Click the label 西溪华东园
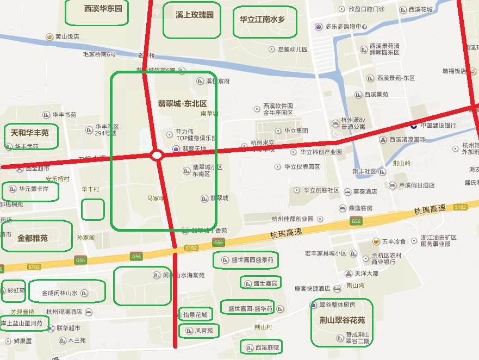[103, 9]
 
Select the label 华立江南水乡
[262, 18]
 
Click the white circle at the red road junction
[157, 156]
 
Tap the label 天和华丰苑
[30, 132]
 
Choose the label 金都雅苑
[33, 238]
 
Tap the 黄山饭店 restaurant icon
[49, 37]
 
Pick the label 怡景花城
[195, 315]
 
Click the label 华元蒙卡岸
[34, 189]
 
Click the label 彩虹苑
[16, 290]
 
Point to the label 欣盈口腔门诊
[366, 9]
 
